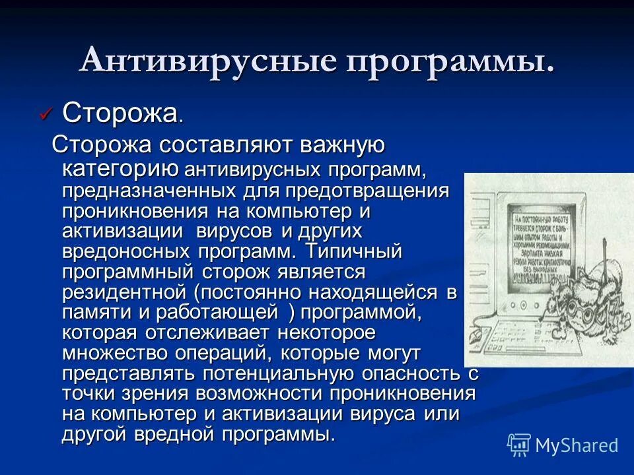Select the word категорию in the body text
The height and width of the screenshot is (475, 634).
[x=120, y=169]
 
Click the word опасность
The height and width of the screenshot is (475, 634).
[x=423, y=373]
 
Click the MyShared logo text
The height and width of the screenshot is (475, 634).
[x=576, y=445]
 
